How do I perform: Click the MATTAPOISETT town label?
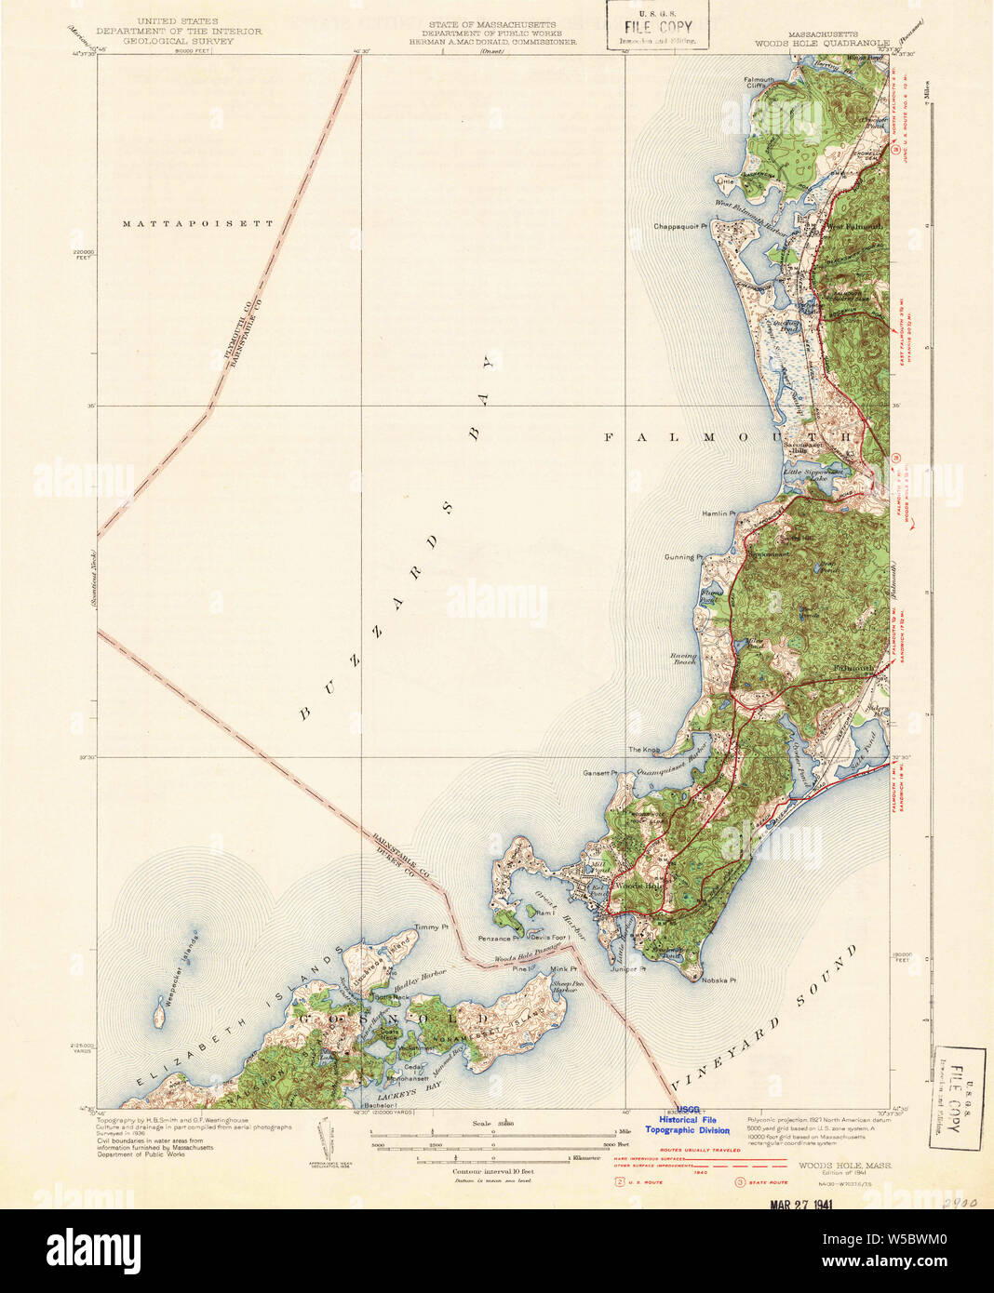(198, 224)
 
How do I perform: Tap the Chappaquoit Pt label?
(680, 226)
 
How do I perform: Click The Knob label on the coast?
(644, 750)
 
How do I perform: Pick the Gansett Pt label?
(600, 773)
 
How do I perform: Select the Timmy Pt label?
(431, 927)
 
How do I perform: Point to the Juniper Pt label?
(628, 968)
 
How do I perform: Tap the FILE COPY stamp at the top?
(658, 27)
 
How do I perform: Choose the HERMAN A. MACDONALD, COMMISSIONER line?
(493, 42)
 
